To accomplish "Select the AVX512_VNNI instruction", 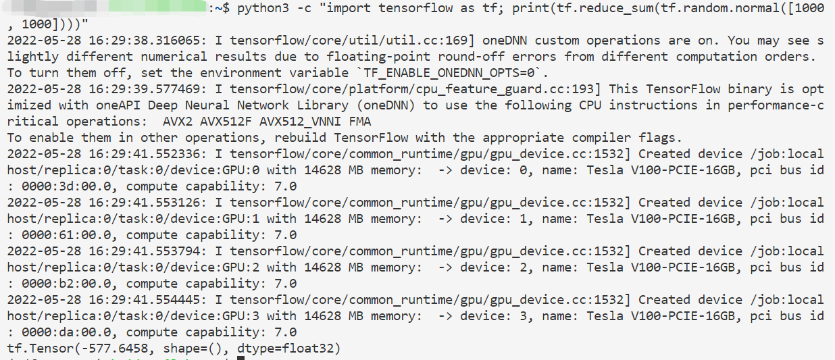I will [298, 122].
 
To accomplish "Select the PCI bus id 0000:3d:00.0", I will [66, 186].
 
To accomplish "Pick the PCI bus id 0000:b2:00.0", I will [66, 284].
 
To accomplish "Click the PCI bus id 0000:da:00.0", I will [66, 332].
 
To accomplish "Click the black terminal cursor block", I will [241, 358].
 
